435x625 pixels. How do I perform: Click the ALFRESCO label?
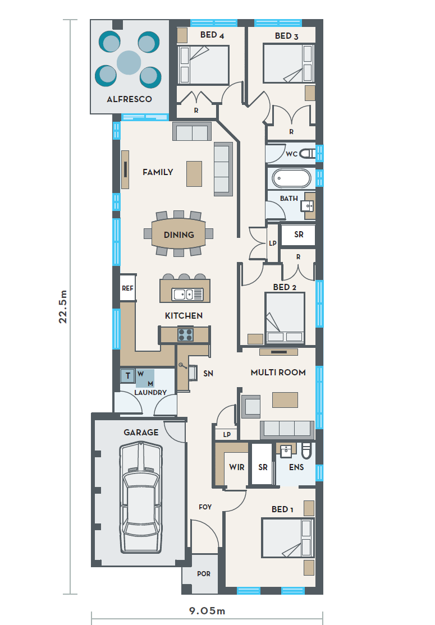[129, 99]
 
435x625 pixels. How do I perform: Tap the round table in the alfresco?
[129, 63]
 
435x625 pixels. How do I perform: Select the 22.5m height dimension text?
[63, 306]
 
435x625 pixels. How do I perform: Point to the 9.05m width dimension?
[207, 610]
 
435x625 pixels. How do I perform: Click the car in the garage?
[141, 498]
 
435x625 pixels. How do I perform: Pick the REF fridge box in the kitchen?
[128, 288]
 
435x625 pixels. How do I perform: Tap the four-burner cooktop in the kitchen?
[185, 334]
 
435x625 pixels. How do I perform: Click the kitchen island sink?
[187, 294]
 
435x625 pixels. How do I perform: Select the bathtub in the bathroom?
[292, 178]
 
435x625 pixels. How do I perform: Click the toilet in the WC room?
[308, 153]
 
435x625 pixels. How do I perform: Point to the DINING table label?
[179, 235]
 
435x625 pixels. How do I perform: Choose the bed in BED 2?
[285, 318]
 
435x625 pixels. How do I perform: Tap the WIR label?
[237, 467]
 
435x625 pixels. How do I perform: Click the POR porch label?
[204, 573]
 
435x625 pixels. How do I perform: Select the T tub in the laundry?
[127, 375]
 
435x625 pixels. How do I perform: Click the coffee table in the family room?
[194, 173]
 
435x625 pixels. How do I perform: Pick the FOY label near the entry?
[205, 507]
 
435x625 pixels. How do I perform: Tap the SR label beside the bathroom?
[299, 235]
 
